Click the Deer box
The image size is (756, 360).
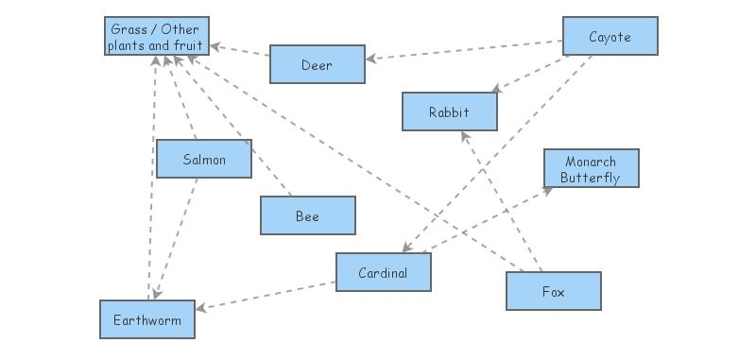(x=317, y=64)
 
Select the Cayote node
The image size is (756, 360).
(x=610, y=36)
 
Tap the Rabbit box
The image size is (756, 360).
(x=449, y=111)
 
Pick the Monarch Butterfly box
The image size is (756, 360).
(x=591, y=168)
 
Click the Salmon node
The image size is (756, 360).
(x=204, y=159)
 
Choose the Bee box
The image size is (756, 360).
(x=307, y=215)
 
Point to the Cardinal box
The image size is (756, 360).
(x=383, y=272)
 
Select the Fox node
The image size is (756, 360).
(x=553, y=291)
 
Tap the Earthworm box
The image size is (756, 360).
(x=146, y=319)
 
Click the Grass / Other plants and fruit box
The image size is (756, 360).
(x=156, y=36)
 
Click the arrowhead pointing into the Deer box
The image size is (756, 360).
(x=370, y=60)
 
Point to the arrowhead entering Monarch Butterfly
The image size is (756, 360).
(x=549, y=187)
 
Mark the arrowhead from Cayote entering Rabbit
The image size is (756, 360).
(x=492, y=90)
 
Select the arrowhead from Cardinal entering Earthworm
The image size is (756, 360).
(x=201, y=308)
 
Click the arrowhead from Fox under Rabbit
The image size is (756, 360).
(x=463, y=135)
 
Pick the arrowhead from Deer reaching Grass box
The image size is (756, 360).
(x=215, y=44)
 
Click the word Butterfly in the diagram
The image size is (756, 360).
(x=591, y=177)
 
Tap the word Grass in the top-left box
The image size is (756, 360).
(x=128, y=28)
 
